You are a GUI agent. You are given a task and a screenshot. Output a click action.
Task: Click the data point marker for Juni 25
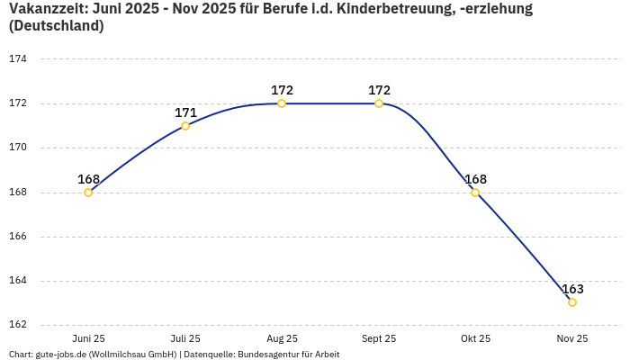[88, 193]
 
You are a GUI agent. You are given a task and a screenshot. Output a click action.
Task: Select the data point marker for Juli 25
[185, 126]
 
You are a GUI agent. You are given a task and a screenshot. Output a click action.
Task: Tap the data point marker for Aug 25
[282, 103]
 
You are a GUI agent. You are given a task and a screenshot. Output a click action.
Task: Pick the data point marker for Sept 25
[379, 103]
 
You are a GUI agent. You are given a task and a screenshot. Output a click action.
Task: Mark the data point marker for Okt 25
[475, 193]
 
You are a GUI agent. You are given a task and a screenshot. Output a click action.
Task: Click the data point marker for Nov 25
[572, 302]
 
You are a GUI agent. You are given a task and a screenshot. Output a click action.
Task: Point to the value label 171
[185, 112]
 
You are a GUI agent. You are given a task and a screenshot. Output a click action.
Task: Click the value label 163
[572, 289]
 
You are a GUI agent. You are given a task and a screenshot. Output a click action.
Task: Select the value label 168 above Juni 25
[88, 179]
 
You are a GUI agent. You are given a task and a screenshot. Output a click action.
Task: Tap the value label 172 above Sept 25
[379, 90]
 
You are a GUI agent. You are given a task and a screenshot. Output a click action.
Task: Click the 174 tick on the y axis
[18, 59]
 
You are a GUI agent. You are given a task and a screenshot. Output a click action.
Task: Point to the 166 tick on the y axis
[18, 237]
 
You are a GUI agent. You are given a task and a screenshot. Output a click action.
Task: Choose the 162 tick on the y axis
[18, 325]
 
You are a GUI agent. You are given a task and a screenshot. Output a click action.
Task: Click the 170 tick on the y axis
[18, 148]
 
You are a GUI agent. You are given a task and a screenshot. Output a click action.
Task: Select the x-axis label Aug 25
[282, 338]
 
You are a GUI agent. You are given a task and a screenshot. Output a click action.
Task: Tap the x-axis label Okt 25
[475, 338]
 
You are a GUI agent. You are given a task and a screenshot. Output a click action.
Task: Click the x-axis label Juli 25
[185, 338]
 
